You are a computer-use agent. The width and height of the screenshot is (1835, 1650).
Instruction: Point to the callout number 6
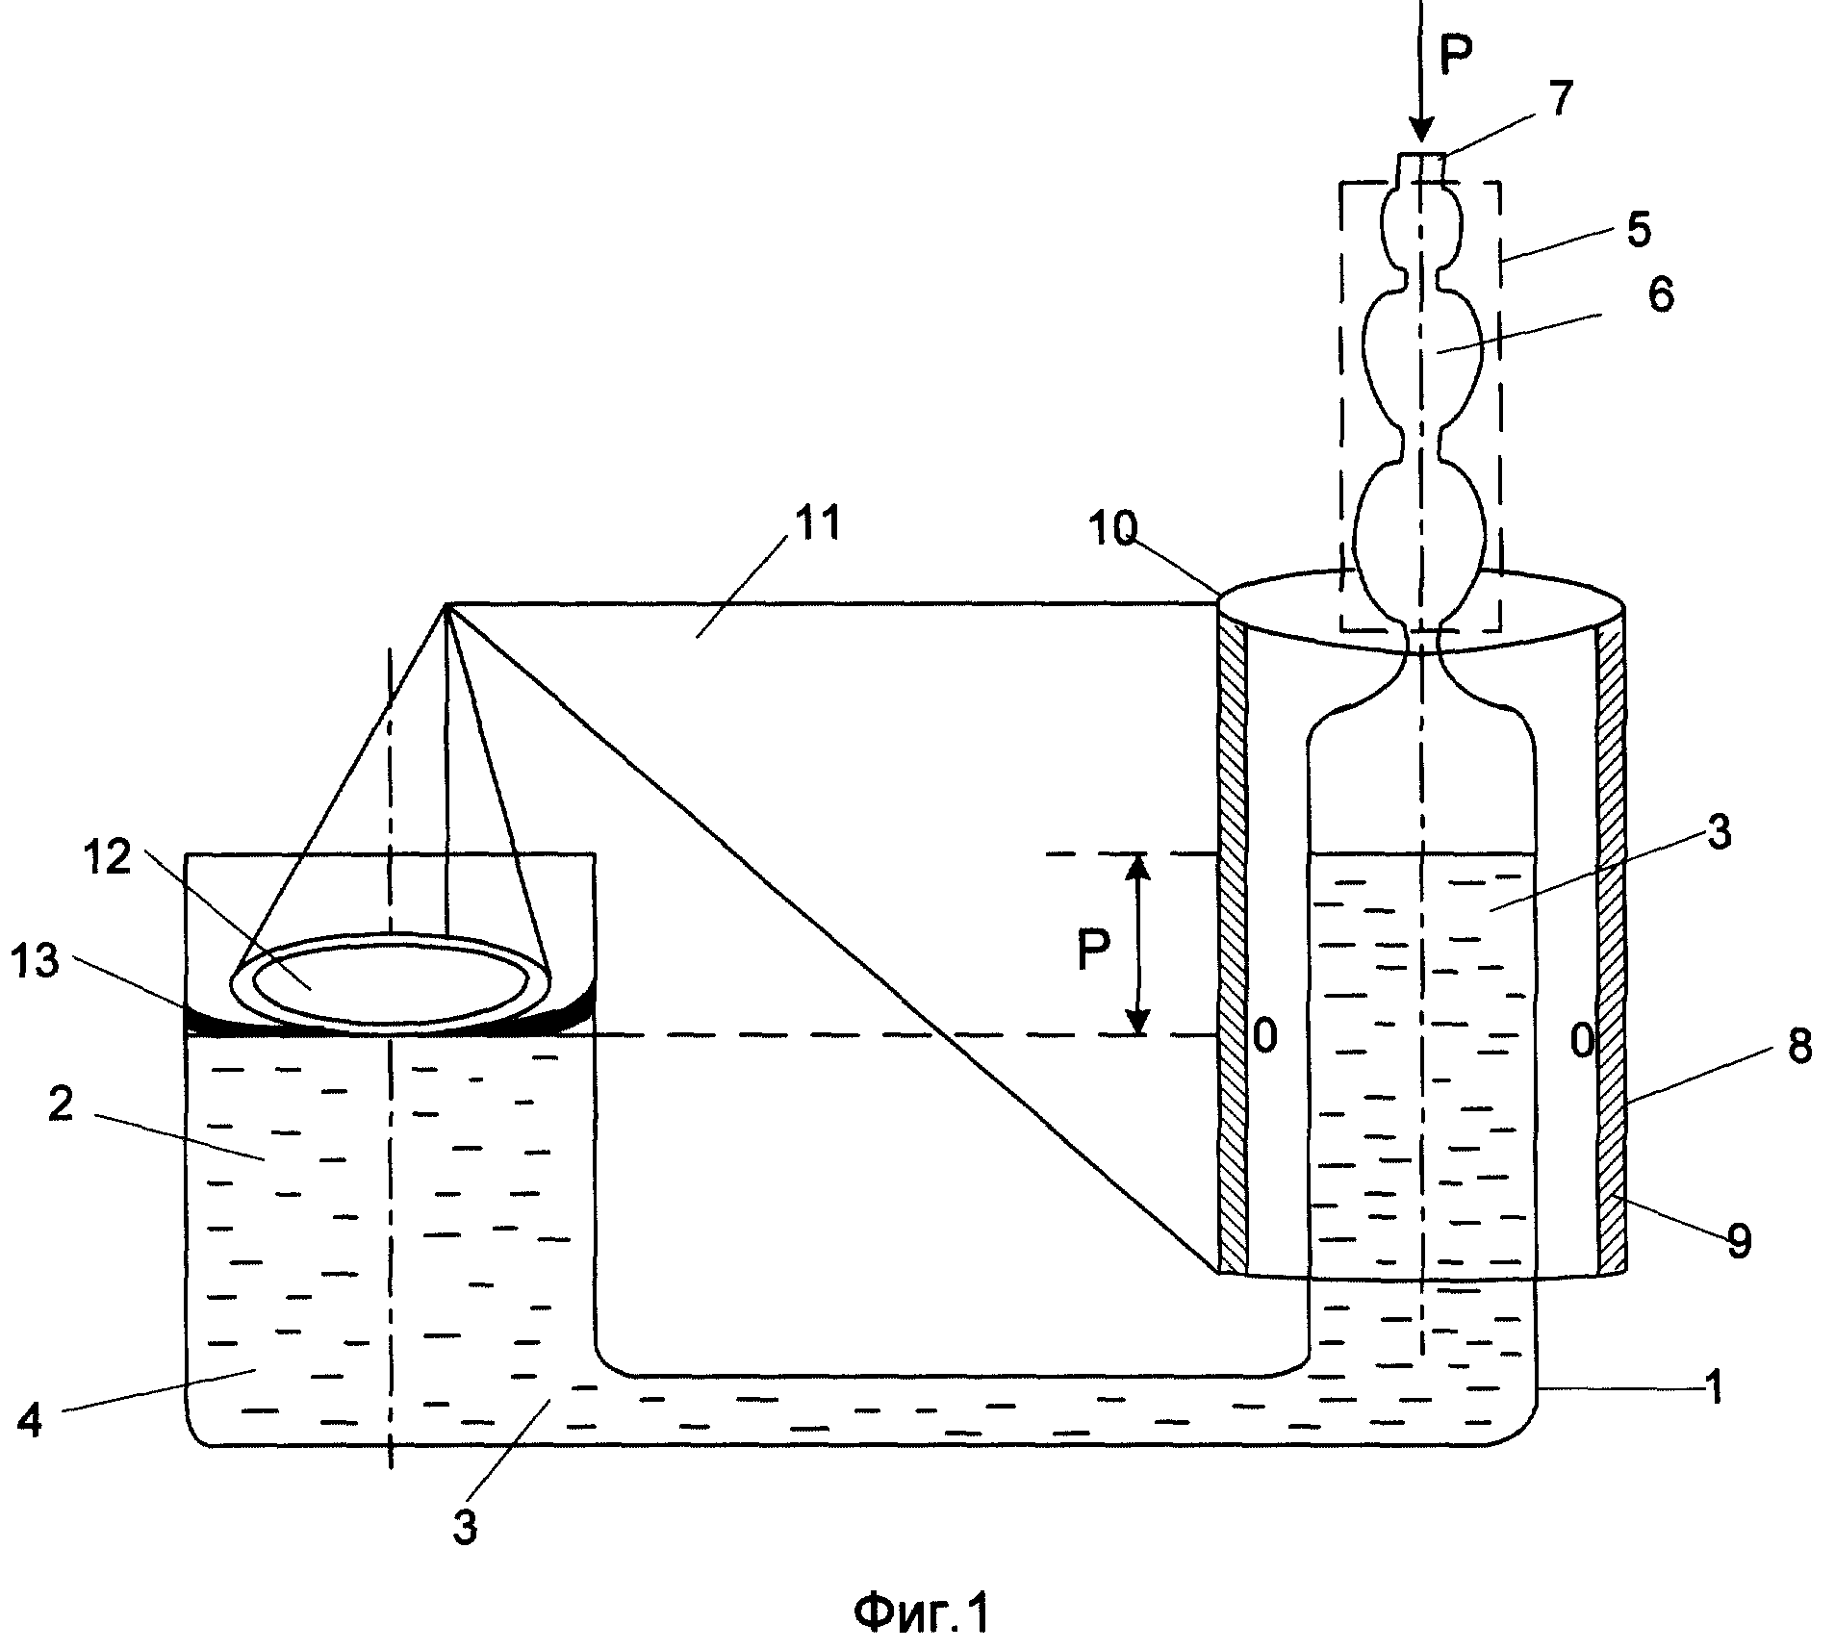tap(1659, 294)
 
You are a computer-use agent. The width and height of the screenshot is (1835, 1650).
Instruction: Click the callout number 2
tap(60, 1105)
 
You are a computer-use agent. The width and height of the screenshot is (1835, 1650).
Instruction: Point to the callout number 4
tap(30, 1420)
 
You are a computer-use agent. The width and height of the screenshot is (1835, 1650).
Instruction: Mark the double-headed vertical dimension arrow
tap(1138, 944)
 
